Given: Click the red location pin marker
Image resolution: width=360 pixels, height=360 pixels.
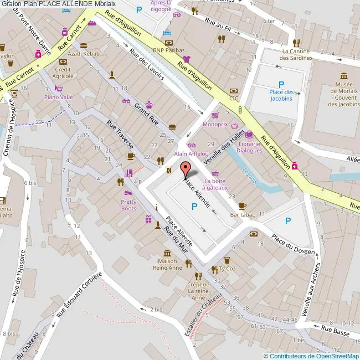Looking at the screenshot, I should [186, 169].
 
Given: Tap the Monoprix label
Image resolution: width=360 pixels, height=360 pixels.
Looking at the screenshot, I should [215, 125].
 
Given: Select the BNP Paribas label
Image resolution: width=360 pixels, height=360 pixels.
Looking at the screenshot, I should [169, 50].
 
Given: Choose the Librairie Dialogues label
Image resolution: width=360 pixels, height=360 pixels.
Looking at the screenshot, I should [249, 147].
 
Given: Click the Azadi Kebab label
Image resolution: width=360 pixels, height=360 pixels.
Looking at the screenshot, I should [84, 54].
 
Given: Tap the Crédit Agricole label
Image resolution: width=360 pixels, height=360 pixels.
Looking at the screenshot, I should [63, 73].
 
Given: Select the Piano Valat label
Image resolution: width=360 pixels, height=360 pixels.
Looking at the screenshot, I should [59, 96].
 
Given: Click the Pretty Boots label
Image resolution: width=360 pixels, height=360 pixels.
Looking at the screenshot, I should [128, 205].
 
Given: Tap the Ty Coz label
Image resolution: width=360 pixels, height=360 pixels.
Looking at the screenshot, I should [227, 268].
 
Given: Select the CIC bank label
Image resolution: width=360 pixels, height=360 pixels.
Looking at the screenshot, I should [234, 99].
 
